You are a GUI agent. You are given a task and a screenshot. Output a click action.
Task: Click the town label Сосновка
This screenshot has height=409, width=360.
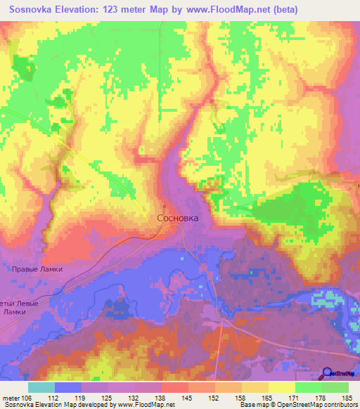pos(177,219)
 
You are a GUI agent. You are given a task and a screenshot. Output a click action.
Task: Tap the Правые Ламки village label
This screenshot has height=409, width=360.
pos(37,269)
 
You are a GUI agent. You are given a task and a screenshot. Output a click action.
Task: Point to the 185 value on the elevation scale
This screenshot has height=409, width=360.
pos(347,398)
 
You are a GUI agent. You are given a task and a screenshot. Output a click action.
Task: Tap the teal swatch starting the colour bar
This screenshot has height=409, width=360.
pos(41,387)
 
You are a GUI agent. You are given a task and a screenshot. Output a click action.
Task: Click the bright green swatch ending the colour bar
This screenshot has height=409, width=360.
pos(335,387)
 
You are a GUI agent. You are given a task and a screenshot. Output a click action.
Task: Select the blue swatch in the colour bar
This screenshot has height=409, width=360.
pos(68,387)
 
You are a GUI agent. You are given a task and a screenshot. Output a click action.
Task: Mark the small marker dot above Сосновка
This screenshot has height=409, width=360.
pos(164,207)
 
